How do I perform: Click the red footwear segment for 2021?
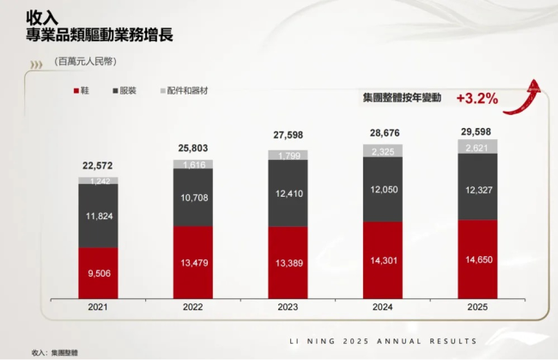[x=103, y=272]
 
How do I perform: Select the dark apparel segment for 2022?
[x=198, y=197]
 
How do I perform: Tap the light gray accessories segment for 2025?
[x=482, y=147]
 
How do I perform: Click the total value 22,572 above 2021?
[x=103, y=167]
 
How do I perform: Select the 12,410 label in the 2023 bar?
[x=293, y=193]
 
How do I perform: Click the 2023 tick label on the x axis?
[x=293, y=307]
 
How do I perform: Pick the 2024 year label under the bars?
[x=387, y=307]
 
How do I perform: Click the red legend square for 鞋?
[x=75, y=90]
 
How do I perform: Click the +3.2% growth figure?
[x=476, y=98]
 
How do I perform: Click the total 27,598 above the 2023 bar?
[x=293, y=136]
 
